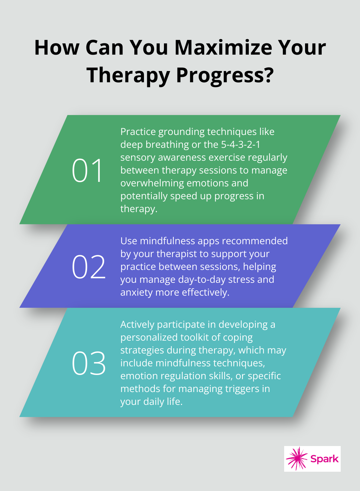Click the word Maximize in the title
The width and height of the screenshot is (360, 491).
224,48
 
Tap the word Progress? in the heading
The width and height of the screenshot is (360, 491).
225,76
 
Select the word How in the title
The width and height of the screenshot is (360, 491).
57,48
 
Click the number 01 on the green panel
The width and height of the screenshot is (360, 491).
87,171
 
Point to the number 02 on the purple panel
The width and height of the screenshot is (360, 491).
89,267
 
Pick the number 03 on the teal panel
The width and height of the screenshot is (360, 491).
89,363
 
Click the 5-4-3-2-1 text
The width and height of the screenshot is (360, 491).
241,145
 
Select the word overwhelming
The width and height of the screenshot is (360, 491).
152,183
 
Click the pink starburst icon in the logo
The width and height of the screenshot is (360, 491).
297,459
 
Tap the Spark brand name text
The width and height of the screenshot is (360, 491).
324,459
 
